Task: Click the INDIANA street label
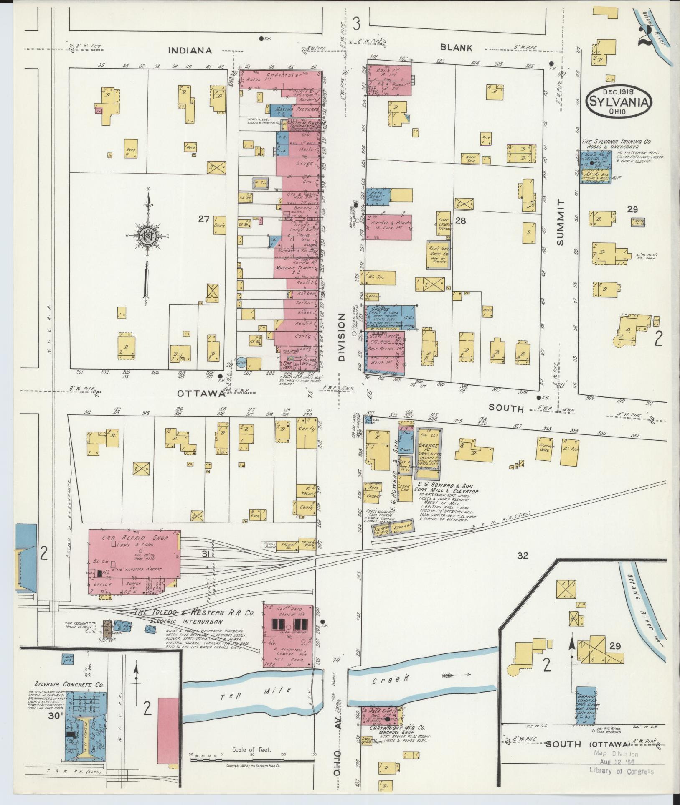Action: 190,51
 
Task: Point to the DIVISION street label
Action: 342,338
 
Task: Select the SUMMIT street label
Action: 561,222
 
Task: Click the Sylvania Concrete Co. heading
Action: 69,685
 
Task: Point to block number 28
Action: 460,220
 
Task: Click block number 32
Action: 523,555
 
